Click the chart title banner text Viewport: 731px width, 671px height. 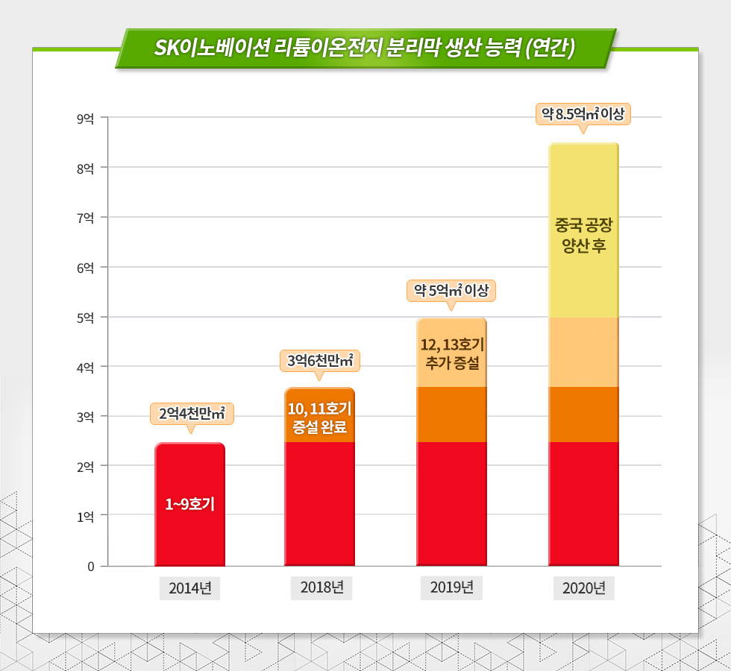pos(365,48)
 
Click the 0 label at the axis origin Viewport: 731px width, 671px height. pos(90,566)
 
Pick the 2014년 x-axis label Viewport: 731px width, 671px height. pos(190,588)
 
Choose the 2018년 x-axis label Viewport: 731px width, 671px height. pos(321,588)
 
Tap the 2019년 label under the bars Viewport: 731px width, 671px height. pos(452,588)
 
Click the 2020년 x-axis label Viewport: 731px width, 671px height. pos(583,588)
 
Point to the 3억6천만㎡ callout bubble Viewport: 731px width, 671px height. pos(320,361)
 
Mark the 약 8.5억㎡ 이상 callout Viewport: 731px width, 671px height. pos(584,114)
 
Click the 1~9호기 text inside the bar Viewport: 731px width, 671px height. pos(190,505)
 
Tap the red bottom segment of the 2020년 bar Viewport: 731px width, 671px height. pos(583,503)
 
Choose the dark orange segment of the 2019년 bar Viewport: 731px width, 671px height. pos(452,415)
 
